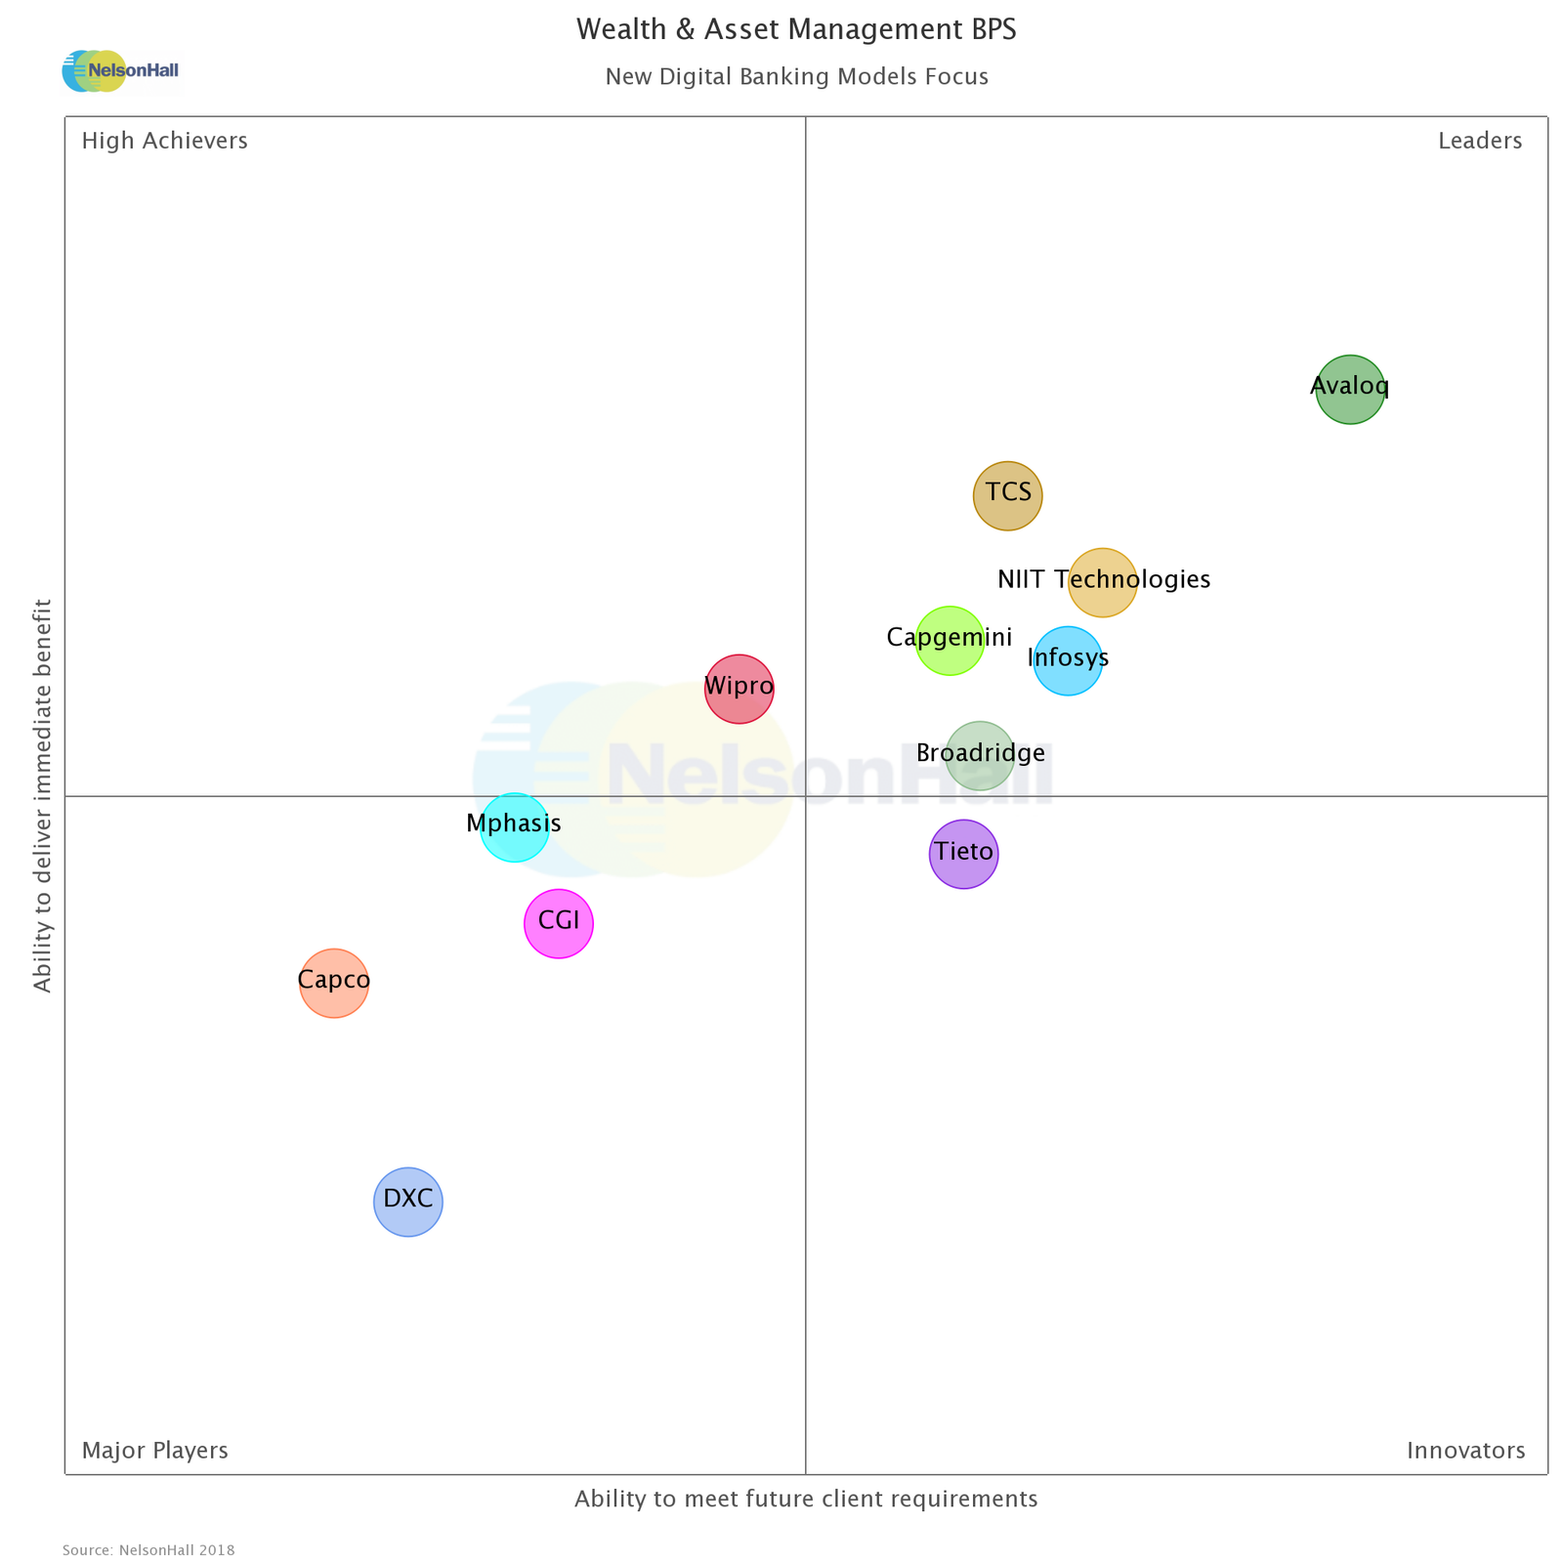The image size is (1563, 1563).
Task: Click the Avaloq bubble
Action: tap(1349, 389)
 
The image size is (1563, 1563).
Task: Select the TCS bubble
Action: tap(1007, 495)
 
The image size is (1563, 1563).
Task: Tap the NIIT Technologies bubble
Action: tap(1102, 582)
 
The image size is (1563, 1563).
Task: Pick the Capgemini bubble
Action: tap(949, 640)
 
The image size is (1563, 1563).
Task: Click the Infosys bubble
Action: tap(1068, 660)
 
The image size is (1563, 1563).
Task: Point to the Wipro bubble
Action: tap(739, 689)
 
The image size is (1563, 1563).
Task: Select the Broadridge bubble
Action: tap(980, 755)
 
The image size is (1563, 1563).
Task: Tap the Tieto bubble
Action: tap(963, 854)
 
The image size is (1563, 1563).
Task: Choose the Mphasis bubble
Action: tap(514, 827)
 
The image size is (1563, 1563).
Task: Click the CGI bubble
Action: tap(558, 923)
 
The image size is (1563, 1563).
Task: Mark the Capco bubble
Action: tap(334, 983)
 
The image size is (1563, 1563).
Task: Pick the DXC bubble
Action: tap(407, 1202)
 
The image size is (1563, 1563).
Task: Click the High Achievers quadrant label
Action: tap(164, 142)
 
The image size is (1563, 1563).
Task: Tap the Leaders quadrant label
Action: tap(1479, 142)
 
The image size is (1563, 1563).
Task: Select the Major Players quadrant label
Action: tap(154, 1451)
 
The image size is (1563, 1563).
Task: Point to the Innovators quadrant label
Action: tap(1465, 1451)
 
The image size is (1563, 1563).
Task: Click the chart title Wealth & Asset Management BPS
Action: tap(795, 30)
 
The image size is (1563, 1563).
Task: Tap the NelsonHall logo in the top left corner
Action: tap(120, 71)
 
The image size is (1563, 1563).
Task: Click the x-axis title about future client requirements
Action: tap(805, 1500)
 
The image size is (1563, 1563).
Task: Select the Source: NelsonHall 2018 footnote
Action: tap(148, 1550)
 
